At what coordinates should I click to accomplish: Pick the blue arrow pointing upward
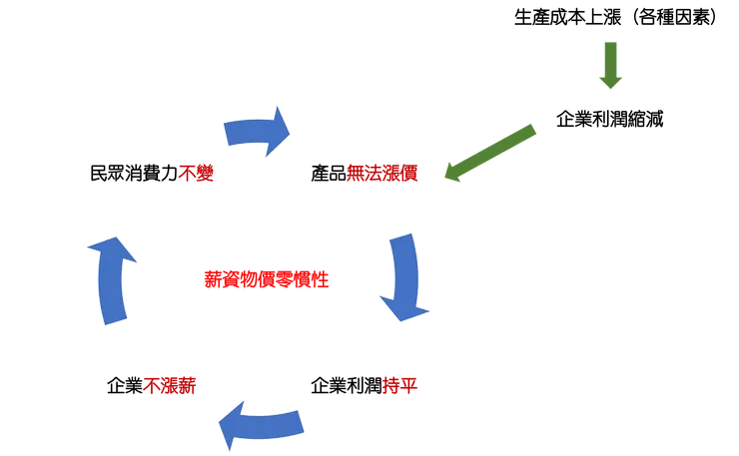(111, 279)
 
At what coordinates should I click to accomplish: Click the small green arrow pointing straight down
(611, 66)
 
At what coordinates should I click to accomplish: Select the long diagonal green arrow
(488, 153)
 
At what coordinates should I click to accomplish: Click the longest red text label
(267, 279)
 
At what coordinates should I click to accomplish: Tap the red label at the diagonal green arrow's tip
(382, 173)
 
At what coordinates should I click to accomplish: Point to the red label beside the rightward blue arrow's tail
(196, 173)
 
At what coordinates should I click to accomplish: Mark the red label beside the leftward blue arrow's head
(171, 385)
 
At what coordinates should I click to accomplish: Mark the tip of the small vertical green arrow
(611, 89)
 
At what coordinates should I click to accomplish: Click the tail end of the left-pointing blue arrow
(299, 421)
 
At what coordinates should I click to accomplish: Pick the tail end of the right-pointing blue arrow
(229, 133)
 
